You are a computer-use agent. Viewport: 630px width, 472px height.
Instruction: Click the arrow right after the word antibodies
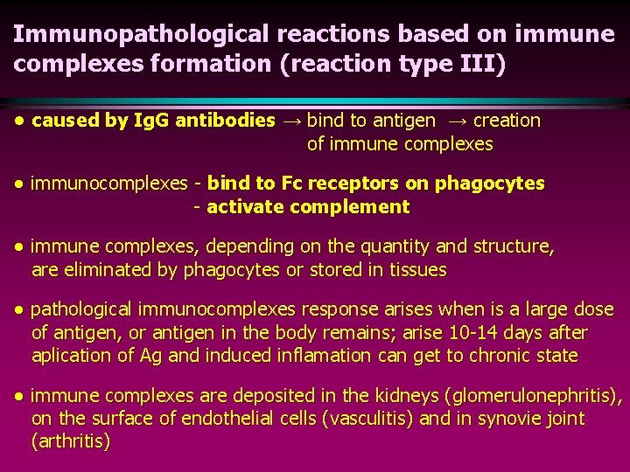point(291,121)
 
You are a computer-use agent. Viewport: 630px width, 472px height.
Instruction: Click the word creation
point(507,121)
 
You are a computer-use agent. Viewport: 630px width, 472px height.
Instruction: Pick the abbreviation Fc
point(294,184)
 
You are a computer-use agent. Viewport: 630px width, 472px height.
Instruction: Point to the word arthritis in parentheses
point(71,441)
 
